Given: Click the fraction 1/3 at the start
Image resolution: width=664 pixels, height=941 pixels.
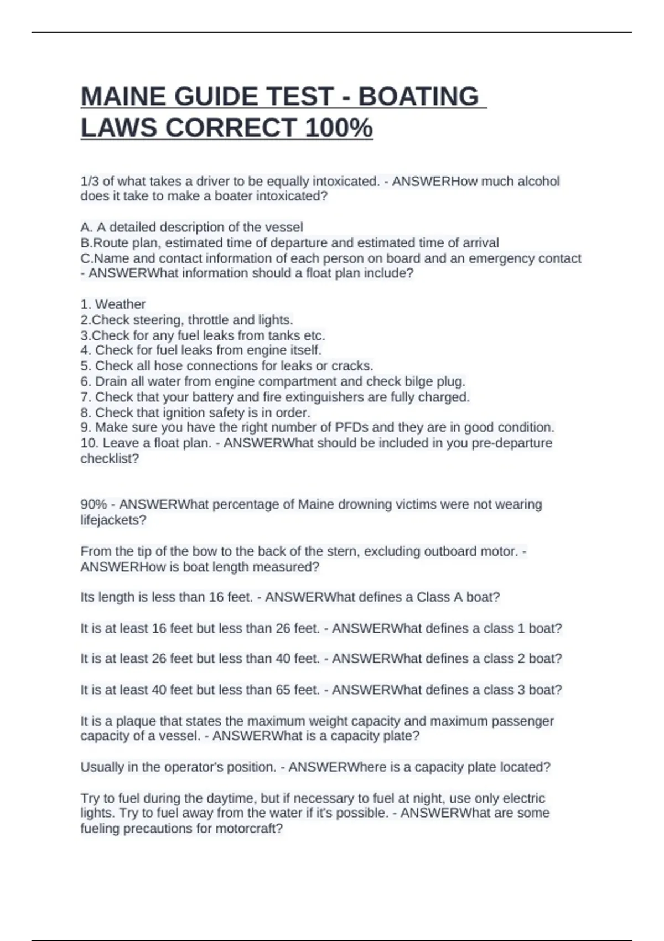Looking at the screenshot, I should pyautogui.click(x=89, y=182).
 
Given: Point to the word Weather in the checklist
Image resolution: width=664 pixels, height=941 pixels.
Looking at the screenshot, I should pyautogui.click(x=120, y=304).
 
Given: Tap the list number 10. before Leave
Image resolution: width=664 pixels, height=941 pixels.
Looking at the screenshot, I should pyautogui.click(x=89, y=443).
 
